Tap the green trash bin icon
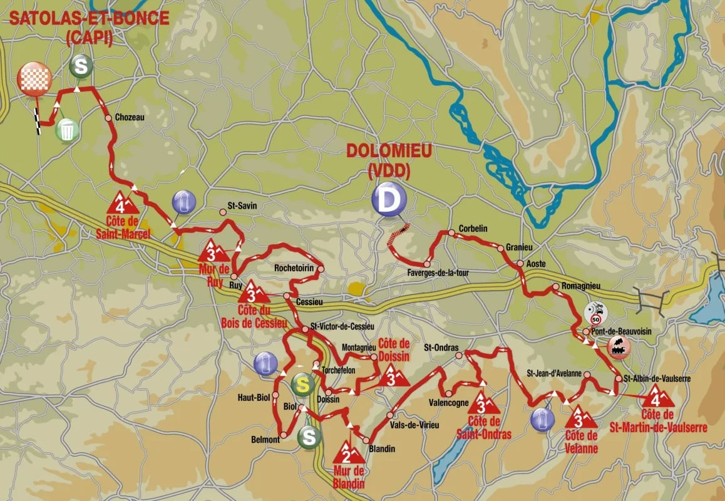point(67,130)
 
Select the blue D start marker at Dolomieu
point(389,200)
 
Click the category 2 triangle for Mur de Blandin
point(344,452)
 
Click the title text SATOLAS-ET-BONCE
point(88,18)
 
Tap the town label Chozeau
point(130,117)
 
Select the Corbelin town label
point(473,229)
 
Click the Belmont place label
point(266,440)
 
